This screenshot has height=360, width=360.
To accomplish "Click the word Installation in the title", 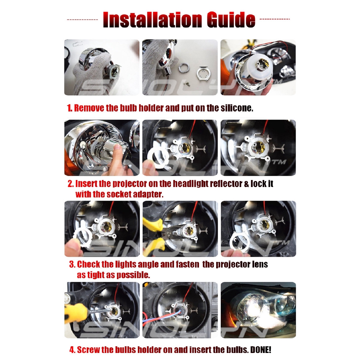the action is point(153,20).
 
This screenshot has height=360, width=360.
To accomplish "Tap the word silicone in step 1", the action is point(237,108).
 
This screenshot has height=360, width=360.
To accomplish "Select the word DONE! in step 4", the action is point(261,350).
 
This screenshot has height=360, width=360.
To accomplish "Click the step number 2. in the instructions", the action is point(71,184).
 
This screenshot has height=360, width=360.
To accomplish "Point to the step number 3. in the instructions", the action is point(72,264).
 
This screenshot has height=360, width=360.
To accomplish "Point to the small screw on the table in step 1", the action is point(187,84).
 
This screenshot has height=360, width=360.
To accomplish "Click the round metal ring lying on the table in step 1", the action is point(184,68).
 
